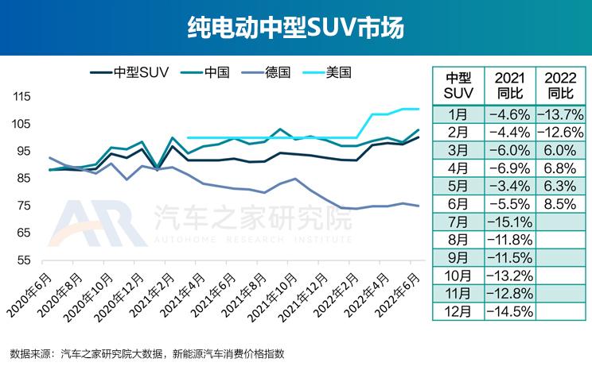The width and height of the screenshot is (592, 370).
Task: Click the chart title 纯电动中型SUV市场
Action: click(295, 28)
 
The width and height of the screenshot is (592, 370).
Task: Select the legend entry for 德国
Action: click(294, 71)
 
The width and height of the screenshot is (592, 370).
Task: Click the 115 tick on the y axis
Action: click(22, 96)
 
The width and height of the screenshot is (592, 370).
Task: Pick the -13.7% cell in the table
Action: click(560, 114)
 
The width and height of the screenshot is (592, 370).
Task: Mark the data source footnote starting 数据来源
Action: click(147, 353)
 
